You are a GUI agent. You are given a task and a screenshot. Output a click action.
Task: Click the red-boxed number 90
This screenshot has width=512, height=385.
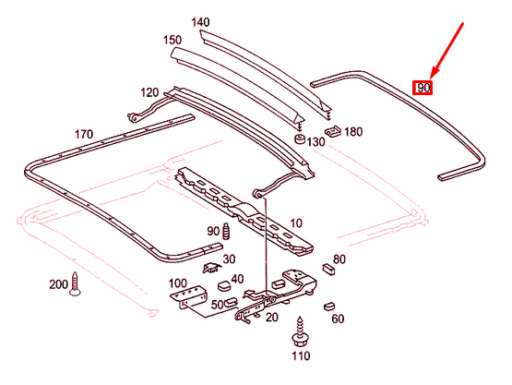(423, 88)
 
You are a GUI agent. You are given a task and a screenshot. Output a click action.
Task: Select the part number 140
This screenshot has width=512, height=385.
(201, 21)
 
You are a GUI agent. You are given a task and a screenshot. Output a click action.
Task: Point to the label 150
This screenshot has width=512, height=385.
(173, 40)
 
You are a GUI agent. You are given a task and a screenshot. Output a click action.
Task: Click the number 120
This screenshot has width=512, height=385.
(149, 92)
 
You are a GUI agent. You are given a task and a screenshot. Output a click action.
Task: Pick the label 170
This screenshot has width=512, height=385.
(84, 135)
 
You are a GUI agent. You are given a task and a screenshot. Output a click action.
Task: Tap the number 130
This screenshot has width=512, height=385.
(316, 141)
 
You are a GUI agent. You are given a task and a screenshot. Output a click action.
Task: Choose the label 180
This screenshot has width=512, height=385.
(353, 132)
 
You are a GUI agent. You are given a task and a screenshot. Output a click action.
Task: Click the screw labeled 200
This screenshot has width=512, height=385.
(76, 287)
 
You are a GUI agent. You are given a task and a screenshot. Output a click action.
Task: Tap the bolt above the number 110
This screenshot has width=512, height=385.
(300, 328)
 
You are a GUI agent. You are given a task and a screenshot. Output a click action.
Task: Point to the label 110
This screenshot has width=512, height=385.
(300, 355)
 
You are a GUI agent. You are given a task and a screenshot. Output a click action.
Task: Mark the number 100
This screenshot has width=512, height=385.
(177, 283)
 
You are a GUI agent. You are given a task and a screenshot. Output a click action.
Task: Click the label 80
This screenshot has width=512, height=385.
(339, 259)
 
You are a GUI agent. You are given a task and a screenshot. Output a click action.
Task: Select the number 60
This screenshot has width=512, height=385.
(337, 319)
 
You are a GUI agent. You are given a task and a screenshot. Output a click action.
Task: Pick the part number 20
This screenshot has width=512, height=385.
(271, 318)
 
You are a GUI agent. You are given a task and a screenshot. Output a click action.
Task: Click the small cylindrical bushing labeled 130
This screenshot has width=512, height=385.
(301, 139)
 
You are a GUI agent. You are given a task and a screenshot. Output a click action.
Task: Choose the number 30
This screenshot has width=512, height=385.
(229, 259)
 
